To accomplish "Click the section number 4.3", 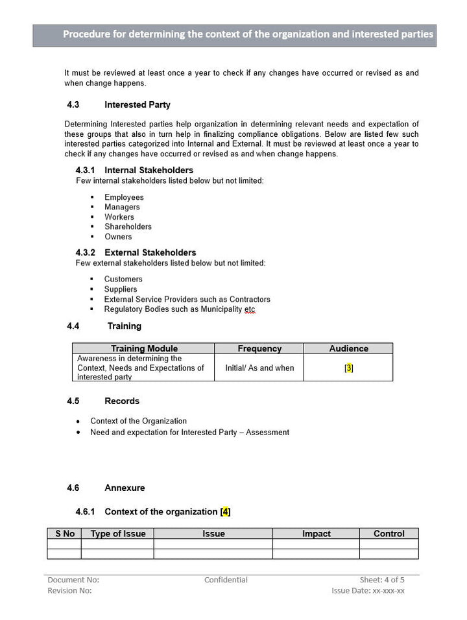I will coord(73,104).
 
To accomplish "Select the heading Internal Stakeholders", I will coord(149,171).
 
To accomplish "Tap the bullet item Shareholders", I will coord(128,227).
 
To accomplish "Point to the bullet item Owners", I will coord(118,237).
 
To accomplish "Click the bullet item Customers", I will coord(123,280).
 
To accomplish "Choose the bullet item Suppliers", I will coord(121,289).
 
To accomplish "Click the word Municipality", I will coord(217,309).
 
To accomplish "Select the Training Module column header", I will coord(144,349).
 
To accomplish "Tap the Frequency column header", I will coord(259,349).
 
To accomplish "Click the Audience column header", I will coord(348,349).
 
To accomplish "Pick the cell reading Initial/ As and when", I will coord(259,368).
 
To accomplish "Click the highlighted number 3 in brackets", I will coord(349,368).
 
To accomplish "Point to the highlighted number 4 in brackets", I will coord(225,512).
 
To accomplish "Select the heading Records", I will coord(122,401).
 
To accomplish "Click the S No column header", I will coord(64,534).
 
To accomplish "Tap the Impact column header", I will coord(316,534).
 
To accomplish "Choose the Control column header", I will coord(389,534).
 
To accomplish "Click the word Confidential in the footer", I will coord(226,580).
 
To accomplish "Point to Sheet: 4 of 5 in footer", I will coord(382,580).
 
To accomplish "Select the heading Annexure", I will coord(125,488).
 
